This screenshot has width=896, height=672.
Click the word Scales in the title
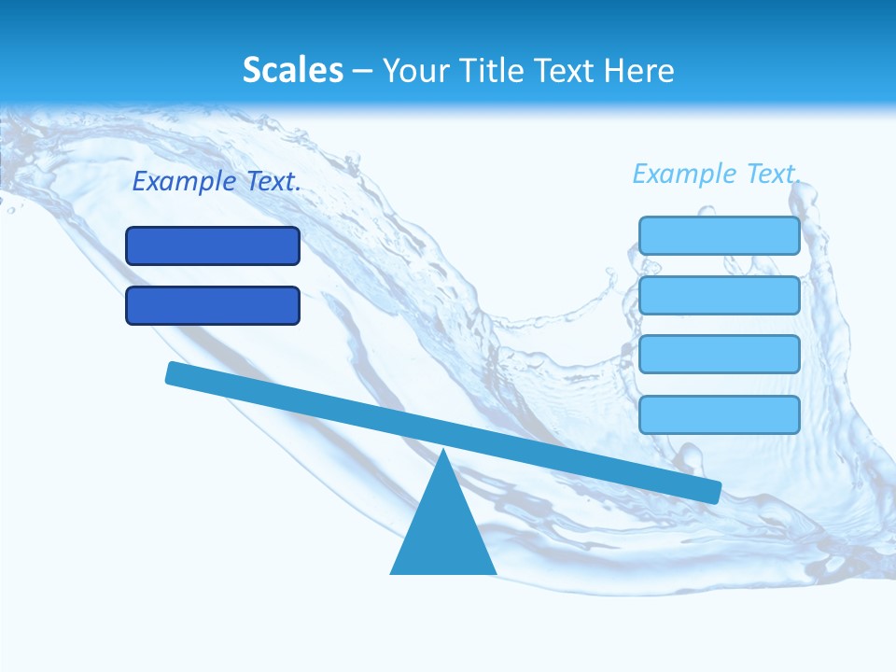[x=292, y=70]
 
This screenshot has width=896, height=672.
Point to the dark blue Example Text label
[x=217, y=182]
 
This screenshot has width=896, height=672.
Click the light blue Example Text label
[x=716, y=174]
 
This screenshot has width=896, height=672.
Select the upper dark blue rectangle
[x=213, y=245]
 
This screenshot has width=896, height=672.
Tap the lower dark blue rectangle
[x=213, y=305]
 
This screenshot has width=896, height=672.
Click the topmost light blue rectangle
[x=720, y=235]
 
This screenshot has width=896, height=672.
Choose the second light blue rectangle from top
[x=720, y=295]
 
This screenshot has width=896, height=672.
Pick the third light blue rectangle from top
[x=720, y=354]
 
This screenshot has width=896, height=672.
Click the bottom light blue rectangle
[x=720, y=414]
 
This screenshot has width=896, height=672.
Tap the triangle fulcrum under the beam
[x=443, y=532]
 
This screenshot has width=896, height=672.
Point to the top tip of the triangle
[x=443, y=452]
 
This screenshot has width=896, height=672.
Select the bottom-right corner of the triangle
[x=494, y=571]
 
